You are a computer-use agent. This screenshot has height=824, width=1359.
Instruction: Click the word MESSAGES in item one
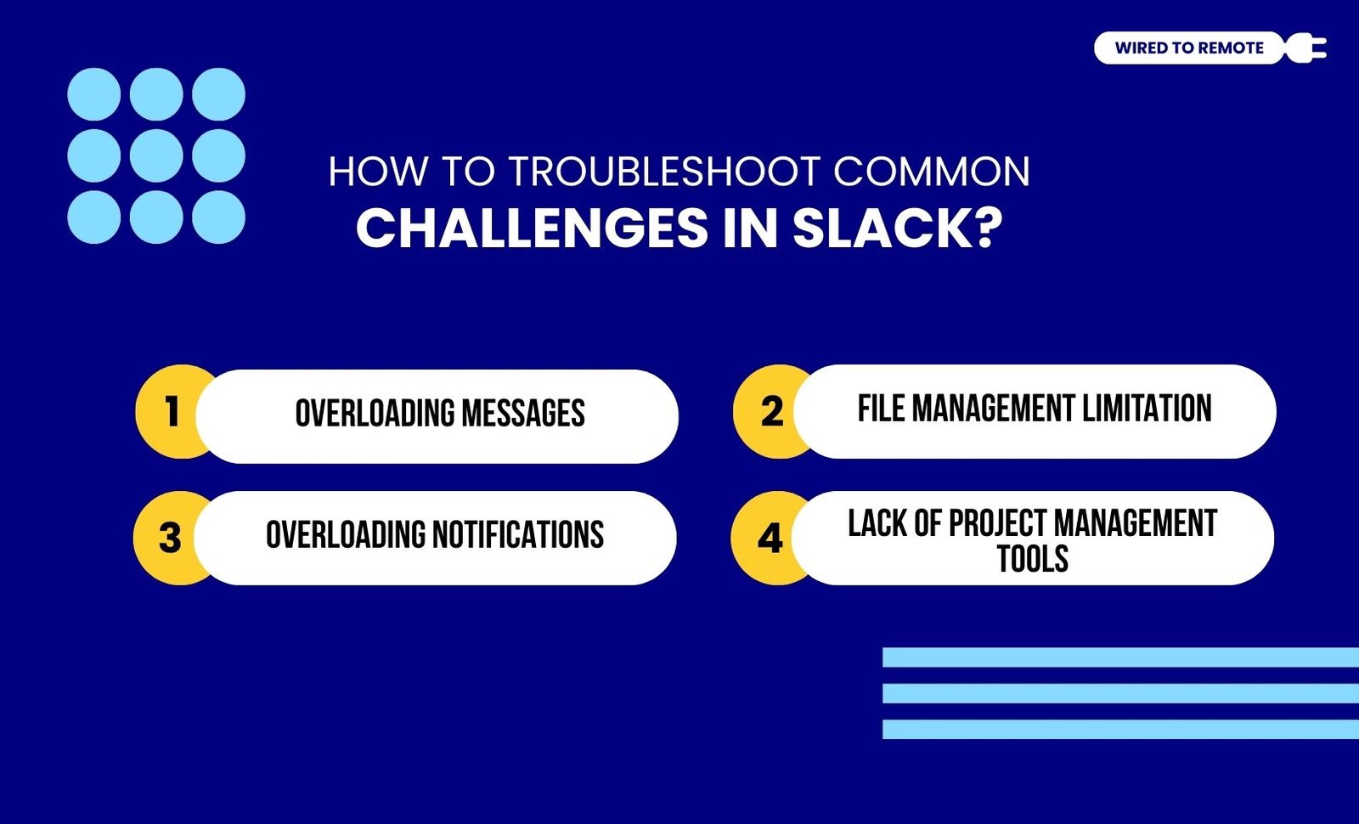coord(523,413)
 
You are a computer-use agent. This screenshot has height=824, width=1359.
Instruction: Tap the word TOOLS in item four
coord(1033,558)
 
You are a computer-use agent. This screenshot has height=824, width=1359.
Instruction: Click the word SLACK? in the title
coord(898,229)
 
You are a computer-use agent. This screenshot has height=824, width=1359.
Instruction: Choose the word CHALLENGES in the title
coord(532,229)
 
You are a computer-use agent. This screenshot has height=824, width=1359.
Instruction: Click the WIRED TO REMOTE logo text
coord(1189,48)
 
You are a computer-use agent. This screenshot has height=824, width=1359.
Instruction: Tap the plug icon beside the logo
coord(1305,48)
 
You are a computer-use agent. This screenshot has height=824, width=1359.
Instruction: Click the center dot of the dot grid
coord(156,155)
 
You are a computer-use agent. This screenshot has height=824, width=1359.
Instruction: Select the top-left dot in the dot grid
coord(94,94)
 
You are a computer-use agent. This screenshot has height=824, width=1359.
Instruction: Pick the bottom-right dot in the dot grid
coord(218,217)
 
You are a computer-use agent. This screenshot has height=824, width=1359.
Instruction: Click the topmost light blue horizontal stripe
coord(1120,658)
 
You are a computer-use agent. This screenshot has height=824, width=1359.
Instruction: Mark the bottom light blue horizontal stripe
coord(1120,730)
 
